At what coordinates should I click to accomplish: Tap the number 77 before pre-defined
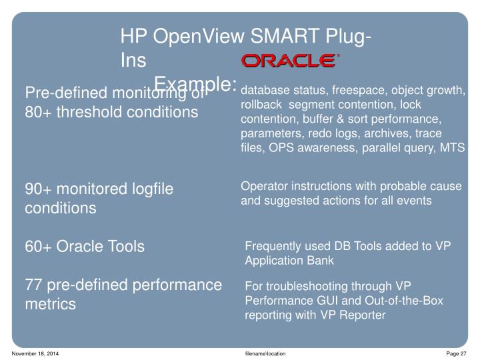35,286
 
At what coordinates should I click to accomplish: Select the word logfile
149,189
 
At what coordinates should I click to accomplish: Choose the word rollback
259,105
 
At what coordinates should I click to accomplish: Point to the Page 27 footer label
457,352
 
